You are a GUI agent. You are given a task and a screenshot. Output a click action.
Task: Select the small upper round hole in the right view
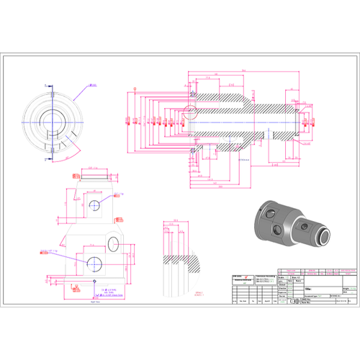[94, 206]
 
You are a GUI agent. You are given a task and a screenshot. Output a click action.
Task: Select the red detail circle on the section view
[191, 111]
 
